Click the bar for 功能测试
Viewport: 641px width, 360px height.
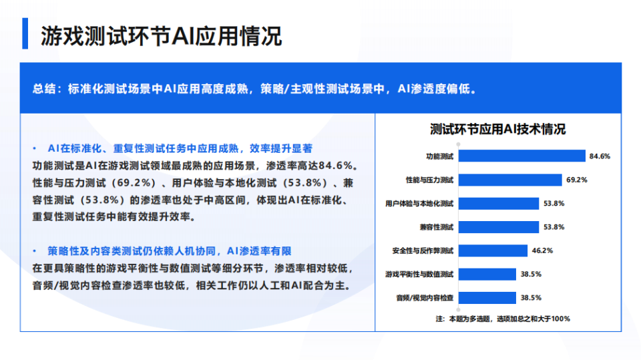point(521,156)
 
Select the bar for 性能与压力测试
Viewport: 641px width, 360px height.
point(509,180)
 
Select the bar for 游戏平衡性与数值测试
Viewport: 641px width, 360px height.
point(487,274)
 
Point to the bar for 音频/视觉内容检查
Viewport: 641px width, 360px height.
point(487,298)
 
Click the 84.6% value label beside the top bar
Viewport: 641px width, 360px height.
point(600,156)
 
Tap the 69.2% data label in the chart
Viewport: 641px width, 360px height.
point(576,180)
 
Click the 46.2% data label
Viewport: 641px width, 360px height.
point(542,250)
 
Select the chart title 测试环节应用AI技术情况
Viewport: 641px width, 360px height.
point(497,129)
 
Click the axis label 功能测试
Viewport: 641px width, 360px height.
point(440,156)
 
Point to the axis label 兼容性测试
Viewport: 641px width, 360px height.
point(437,227)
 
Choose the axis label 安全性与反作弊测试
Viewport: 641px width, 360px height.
point(423,250)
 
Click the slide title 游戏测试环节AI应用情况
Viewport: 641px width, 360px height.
point(161,35)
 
